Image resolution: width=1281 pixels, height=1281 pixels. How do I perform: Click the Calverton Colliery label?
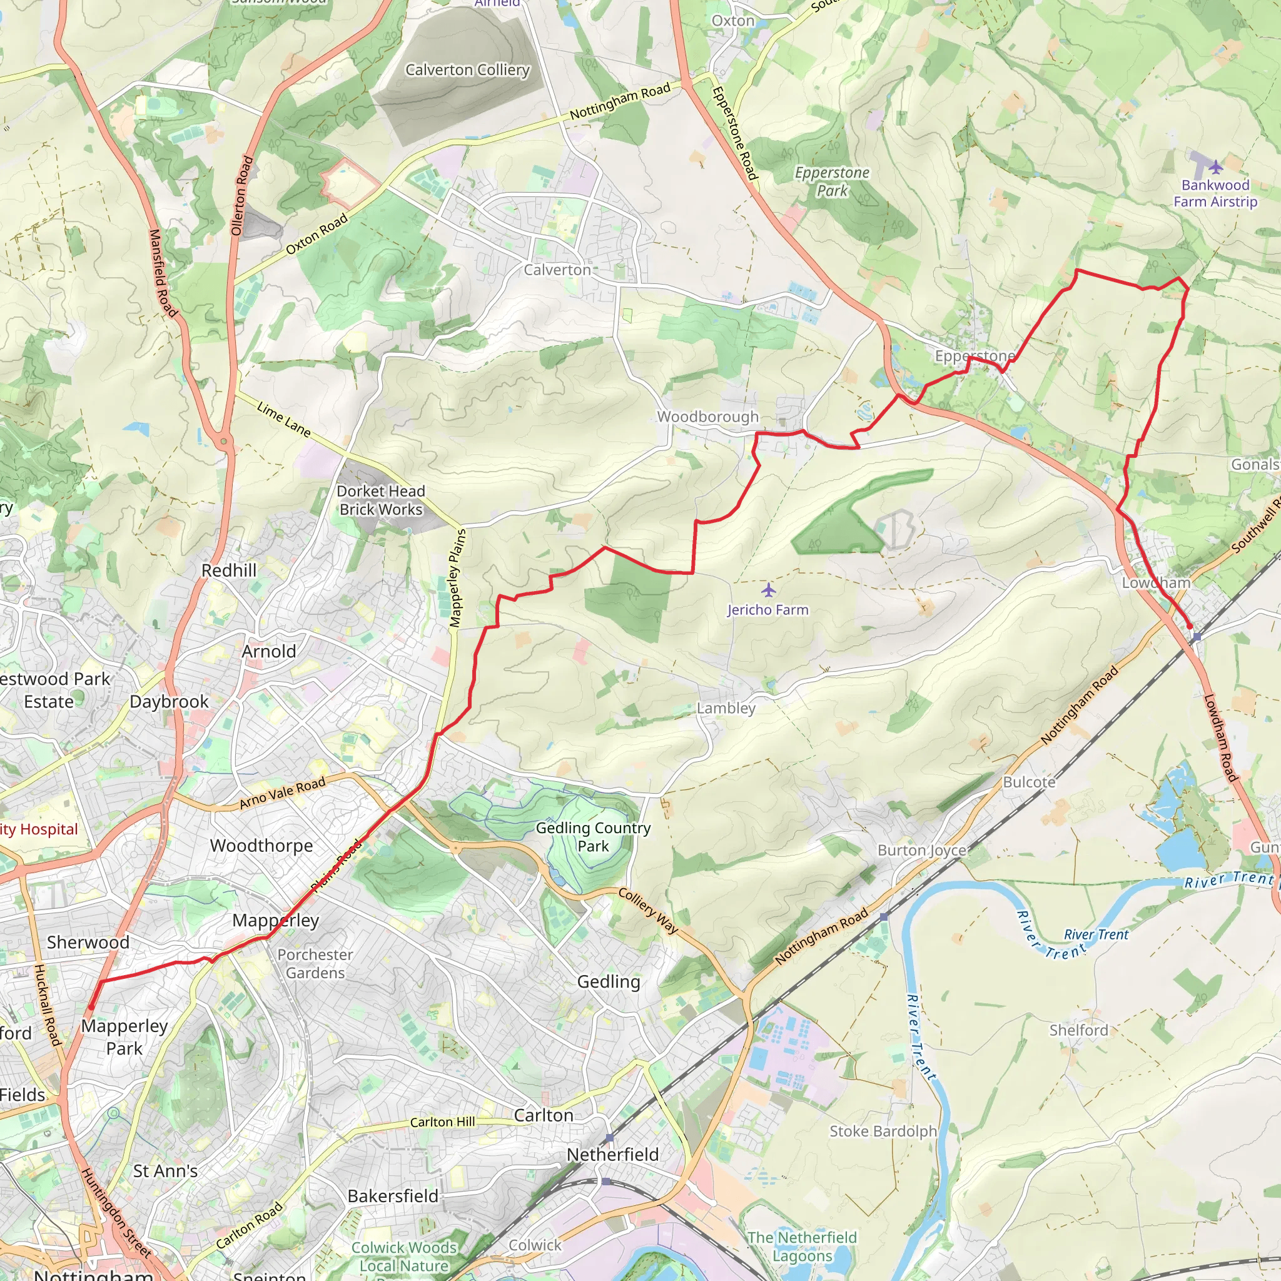(467, 69)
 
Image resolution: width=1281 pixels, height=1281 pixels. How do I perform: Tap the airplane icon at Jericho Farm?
(768, 589)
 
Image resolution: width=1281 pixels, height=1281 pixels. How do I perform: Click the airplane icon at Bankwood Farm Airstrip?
(1215, 166)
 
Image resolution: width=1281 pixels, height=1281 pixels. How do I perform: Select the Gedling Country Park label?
(593, 837)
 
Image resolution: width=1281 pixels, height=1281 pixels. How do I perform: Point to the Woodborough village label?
(707, 417)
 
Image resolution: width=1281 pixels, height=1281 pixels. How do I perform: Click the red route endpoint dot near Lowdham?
(1190, 627)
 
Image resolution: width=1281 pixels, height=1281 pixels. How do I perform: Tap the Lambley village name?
(726, 708)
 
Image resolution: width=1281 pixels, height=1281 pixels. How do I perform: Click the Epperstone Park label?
(831, 181)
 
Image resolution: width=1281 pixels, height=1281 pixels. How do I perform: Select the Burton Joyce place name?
(921, 850)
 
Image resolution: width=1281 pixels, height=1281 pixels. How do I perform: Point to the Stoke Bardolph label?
(883, 1131)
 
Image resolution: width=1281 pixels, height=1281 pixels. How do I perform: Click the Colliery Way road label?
(648, 911)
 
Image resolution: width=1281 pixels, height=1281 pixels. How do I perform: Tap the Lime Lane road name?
(284, 420)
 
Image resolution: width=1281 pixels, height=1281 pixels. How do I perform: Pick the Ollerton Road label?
(242, 196)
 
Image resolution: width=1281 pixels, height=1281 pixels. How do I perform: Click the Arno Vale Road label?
(283, 793)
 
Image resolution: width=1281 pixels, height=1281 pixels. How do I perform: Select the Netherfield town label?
(612, 1155)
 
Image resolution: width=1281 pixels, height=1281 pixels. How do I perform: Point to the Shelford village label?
(1078, 1030)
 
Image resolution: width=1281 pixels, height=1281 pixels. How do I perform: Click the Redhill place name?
(229, 570)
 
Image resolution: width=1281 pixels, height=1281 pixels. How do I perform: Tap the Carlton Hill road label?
(442, 1122)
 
